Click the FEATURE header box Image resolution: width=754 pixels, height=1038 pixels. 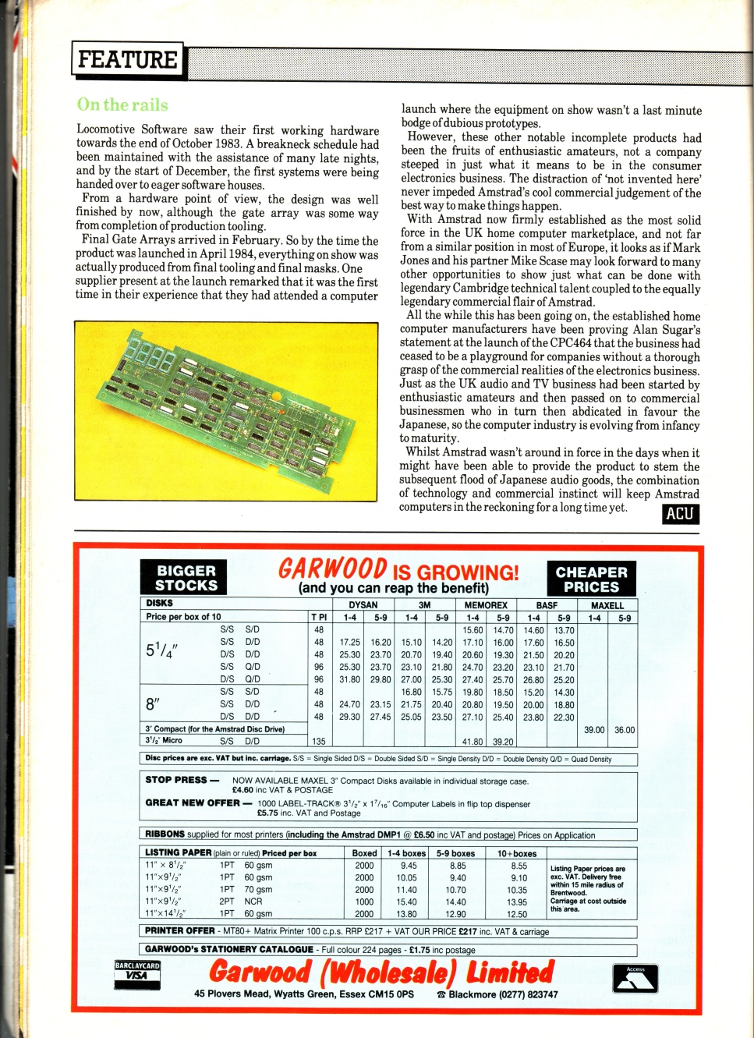point(128,60)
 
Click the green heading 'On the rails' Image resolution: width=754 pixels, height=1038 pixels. point(122,105)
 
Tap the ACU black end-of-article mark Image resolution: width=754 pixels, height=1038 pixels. point(680,513)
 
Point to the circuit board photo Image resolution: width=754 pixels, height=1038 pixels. point(225,410)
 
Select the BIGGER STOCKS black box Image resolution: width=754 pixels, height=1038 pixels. point(184,578)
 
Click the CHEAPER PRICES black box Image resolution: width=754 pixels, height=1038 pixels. point(591,579)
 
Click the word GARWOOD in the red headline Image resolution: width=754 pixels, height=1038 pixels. point(333,569)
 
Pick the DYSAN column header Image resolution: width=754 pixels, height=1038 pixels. point(363,605)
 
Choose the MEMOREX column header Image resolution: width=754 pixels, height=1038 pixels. point(486,605)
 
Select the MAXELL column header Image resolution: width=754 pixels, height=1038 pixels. point(607,605)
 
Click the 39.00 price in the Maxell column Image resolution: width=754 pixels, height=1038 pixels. point(594,730)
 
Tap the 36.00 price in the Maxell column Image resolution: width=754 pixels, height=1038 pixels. point(625,730)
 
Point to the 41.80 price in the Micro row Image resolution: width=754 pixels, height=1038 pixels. point(473,742)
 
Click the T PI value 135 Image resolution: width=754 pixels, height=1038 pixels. point(318,742)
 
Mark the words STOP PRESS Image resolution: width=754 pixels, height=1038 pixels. point(176,780)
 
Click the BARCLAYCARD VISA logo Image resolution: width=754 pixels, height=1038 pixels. point(137,975)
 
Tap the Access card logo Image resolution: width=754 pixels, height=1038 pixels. point(635,978)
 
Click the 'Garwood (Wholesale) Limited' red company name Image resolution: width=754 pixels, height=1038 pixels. point(381,972)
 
